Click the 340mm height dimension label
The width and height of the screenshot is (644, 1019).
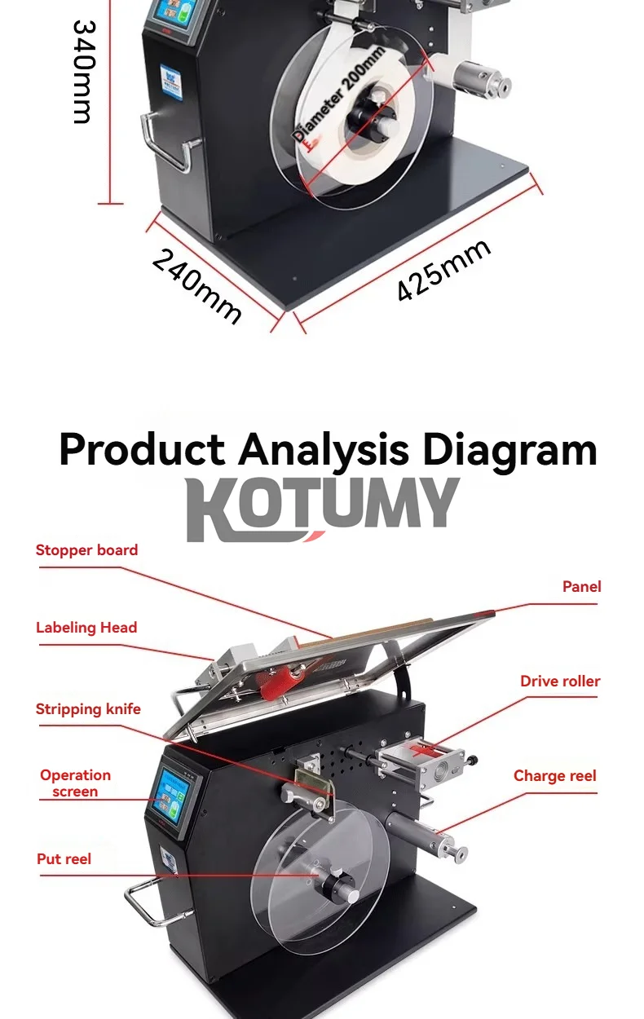pyautogui.click(x=82, y=72)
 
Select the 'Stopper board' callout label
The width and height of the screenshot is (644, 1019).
pyautogui.click(x=86, y=550)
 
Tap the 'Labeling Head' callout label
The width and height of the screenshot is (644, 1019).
pyautogui.click(x=86, y=628)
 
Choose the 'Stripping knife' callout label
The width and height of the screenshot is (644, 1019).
pyautogui.click(x=88, y=709)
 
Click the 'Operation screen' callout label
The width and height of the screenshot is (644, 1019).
pyautogui.click(x=75, y=783)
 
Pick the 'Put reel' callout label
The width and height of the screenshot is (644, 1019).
pyautogui.click(x=64, y=859)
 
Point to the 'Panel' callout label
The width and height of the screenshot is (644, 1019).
pyautogui.click(x=581, y=587)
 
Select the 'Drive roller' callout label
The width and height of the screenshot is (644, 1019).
pyautogui.click(x=560, y=682)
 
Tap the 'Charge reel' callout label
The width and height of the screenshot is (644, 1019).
pyautogui.click(x=554, y=776)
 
